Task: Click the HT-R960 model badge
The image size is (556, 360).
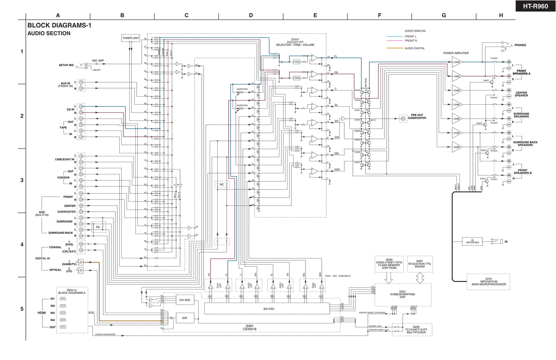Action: coord(535,6)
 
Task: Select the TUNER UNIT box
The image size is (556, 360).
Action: coord(130,38)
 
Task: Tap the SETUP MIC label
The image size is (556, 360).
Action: coord(66,65)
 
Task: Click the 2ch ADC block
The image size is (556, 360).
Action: coord(185,300)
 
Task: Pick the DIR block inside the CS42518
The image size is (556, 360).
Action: coord(185,318)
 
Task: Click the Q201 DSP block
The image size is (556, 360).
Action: coord(402,295)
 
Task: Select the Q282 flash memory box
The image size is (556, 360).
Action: coord(389,264)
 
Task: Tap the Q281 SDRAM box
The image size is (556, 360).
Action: coord(420,264)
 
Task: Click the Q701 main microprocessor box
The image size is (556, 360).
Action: coord(488,282)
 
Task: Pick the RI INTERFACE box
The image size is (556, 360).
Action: coord(473,241)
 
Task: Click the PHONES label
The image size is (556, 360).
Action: coord(520,45)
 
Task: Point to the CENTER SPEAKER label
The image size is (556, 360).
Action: coord(521,94)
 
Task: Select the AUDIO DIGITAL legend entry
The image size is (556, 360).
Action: coord(414,48)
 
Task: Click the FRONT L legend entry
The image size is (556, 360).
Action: coord(410,37)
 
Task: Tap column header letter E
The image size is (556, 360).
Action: coord(315,15)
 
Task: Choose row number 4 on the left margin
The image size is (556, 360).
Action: coord(22,244)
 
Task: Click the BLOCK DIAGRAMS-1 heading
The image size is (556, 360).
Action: coord(59,25)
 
